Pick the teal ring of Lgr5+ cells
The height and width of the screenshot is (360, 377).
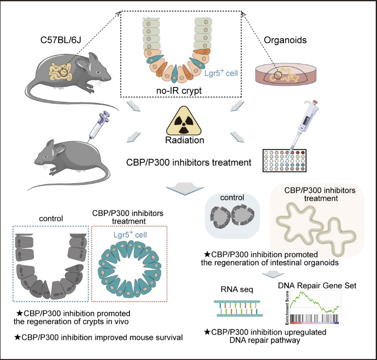point(129,270)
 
